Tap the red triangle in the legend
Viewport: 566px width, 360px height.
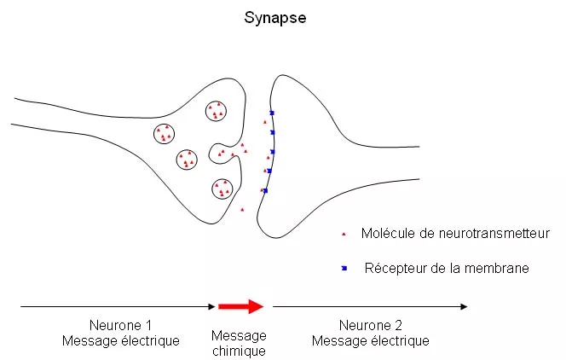coord(344,233)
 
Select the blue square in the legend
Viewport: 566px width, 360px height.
coord(344,269)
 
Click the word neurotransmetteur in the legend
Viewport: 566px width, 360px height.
coord(492,233)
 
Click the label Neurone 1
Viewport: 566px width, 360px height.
coord(120,326)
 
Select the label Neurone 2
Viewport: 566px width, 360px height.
coord(370,326)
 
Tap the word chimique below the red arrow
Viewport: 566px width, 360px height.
coord(239,351)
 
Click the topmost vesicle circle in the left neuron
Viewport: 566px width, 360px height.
coord(217,110)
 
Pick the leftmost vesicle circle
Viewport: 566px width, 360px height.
coord(165,134)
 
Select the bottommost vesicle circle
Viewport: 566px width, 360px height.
coord(222,189)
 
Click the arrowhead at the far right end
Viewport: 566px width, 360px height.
coord(464,306)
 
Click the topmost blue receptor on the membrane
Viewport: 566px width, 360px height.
coord(271,113)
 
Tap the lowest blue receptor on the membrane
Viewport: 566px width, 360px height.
coord(265,190)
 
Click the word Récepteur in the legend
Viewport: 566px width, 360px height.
coord(396,269)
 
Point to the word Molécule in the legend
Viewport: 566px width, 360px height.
coord(387,233)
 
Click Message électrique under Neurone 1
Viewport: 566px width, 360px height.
coord(120,341)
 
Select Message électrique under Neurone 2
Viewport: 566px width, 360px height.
coord(370,341)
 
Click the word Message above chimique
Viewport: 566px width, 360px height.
coord(239,335)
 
